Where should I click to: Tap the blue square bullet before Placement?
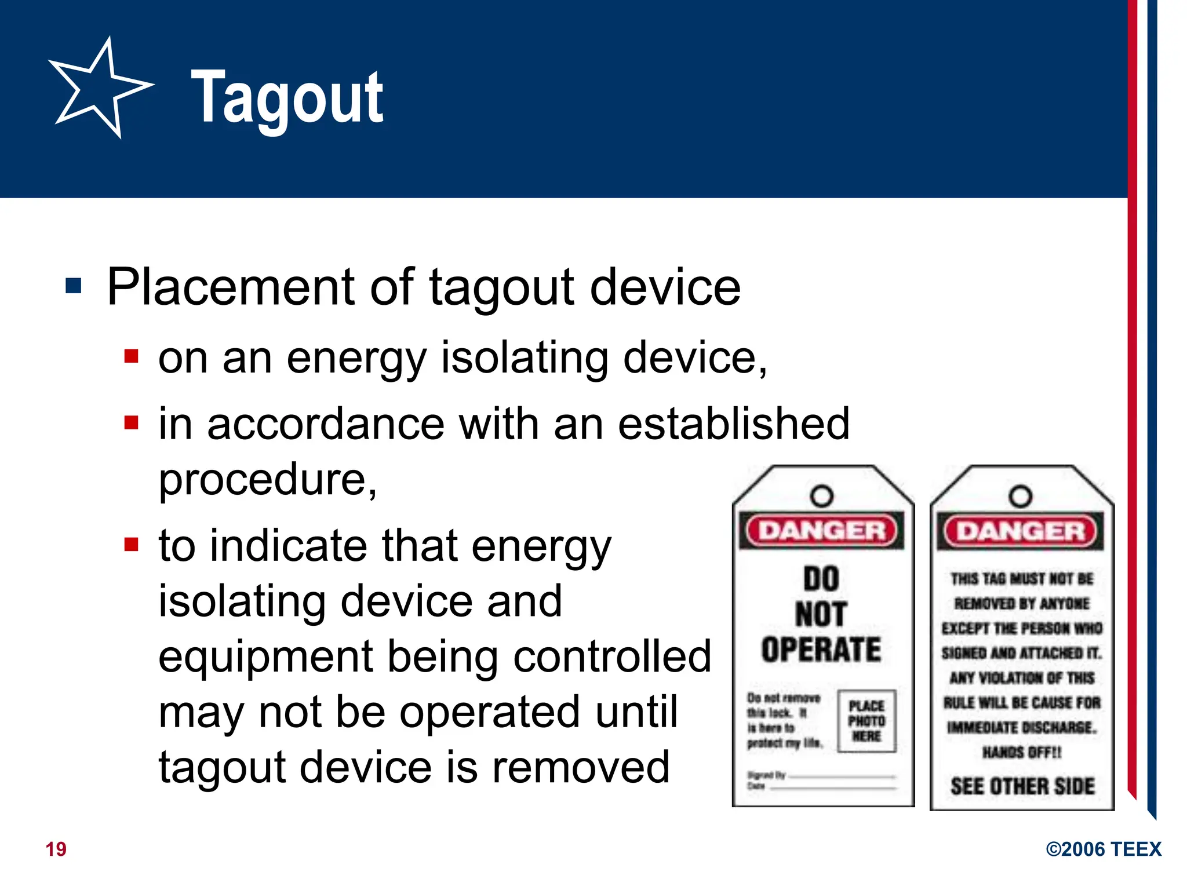tap(74, 286)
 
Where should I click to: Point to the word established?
tap(733, 424)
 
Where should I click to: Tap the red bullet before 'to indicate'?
tap(132, 545)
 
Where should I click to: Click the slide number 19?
tap(56, 849)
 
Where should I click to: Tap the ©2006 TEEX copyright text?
tap(1104, 849)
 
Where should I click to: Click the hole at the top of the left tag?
tap(822, 496)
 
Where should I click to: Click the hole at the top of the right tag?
tap(1021, 497)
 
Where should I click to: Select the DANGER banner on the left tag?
tap(822, 530)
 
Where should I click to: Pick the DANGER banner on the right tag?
tap(1021, 531)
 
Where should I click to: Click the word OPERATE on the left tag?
tap(821, 650)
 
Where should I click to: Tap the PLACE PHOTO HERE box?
tap(866, 721)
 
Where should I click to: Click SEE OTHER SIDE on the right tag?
tap(1022, 786)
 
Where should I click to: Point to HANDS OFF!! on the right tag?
tap(1022, 752)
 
